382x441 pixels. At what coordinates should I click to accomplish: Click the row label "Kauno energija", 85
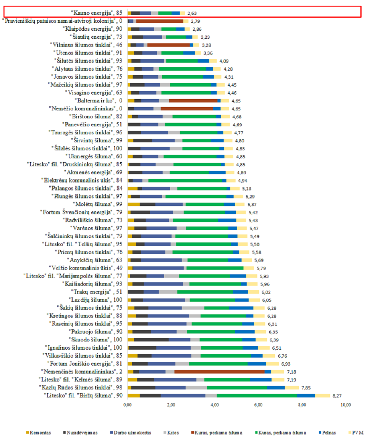(96, 13)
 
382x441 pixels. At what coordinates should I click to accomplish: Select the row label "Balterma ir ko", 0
(99, 101)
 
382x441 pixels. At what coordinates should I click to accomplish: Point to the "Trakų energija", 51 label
(96, 292)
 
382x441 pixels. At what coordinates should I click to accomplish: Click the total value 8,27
(337, 396)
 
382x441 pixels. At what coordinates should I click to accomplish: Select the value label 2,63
(192, 13)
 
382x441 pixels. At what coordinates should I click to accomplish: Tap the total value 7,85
(306, 388)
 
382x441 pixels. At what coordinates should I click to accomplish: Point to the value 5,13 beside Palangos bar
(247, 189)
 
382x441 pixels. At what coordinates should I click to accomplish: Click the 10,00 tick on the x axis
(346, 405)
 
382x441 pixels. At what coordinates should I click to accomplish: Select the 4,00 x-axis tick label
(215, 405)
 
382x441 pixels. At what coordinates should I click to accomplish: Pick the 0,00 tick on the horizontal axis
(128, 405)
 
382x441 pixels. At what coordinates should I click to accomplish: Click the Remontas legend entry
(38, 433)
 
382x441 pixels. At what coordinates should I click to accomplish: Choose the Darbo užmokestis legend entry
(131, 433)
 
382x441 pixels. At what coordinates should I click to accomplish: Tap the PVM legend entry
(356, 433)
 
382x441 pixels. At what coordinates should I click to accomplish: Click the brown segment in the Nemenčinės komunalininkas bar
(219, 372)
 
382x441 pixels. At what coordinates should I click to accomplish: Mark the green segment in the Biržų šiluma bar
(257, 396)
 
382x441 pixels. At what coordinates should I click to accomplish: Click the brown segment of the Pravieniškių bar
(160, 21)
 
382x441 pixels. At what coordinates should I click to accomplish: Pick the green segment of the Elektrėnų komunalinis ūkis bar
(185, 181)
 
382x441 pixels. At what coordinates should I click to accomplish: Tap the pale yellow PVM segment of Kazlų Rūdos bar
(292, 388)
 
